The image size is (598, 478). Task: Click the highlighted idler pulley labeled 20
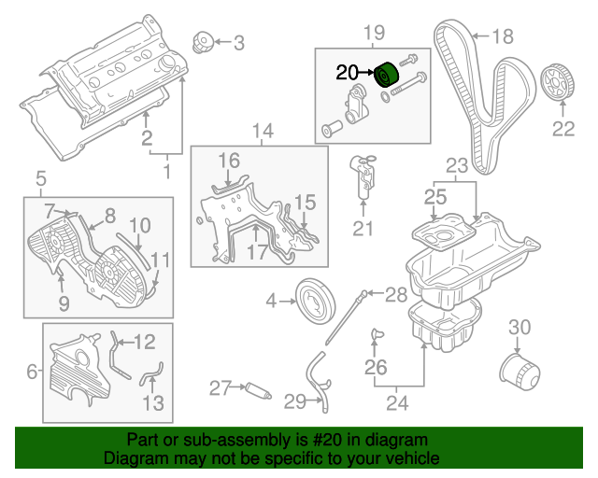(387, 76)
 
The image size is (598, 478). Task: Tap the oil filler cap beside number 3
(201, 42)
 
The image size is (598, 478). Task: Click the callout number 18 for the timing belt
(503, 37)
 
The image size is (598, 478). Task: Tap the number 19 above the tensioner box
(373, 34)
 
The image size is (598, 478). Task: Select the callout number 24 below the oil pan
(397, 403)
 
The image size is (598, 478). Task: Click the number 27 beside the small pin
(220, 388)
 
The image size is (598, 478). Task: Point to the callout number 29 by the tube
(295, 402)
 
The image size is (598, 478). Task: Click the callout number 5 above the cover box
(40, 177)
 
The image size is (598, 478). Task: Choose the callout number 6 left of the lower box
(33, 373)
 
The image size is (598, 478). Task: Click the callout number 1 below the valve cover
(168, 172)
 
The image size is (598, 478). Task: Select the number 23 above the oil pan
(455, 165)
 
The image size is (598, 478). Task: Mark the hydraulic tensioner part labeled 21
(363, 176)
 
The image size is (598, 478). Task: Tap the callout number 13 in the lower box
(152, 402)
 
